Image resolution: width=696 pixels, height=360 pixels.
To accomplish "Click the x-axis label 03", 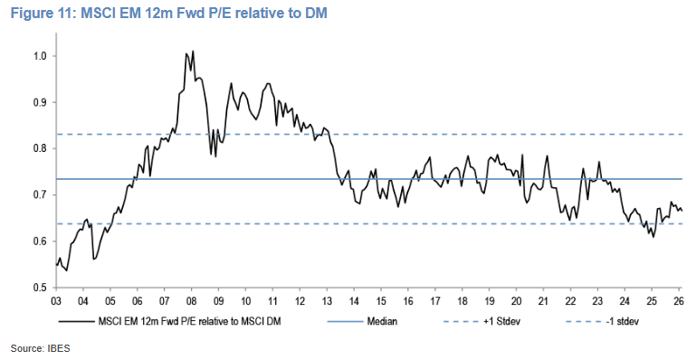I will coord(55,301).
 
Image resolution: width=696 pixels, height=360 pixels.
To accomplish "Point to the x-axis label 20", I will coord(516,301).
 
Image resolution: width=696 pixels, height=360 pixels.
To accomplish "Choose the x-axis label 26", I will coord(678,301).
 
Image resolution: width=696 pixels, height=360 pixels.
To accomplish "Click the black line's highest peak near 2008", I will coord(193,52).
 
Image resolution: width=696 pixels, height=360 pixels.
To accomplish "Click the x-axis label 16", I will coord(408,301).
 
